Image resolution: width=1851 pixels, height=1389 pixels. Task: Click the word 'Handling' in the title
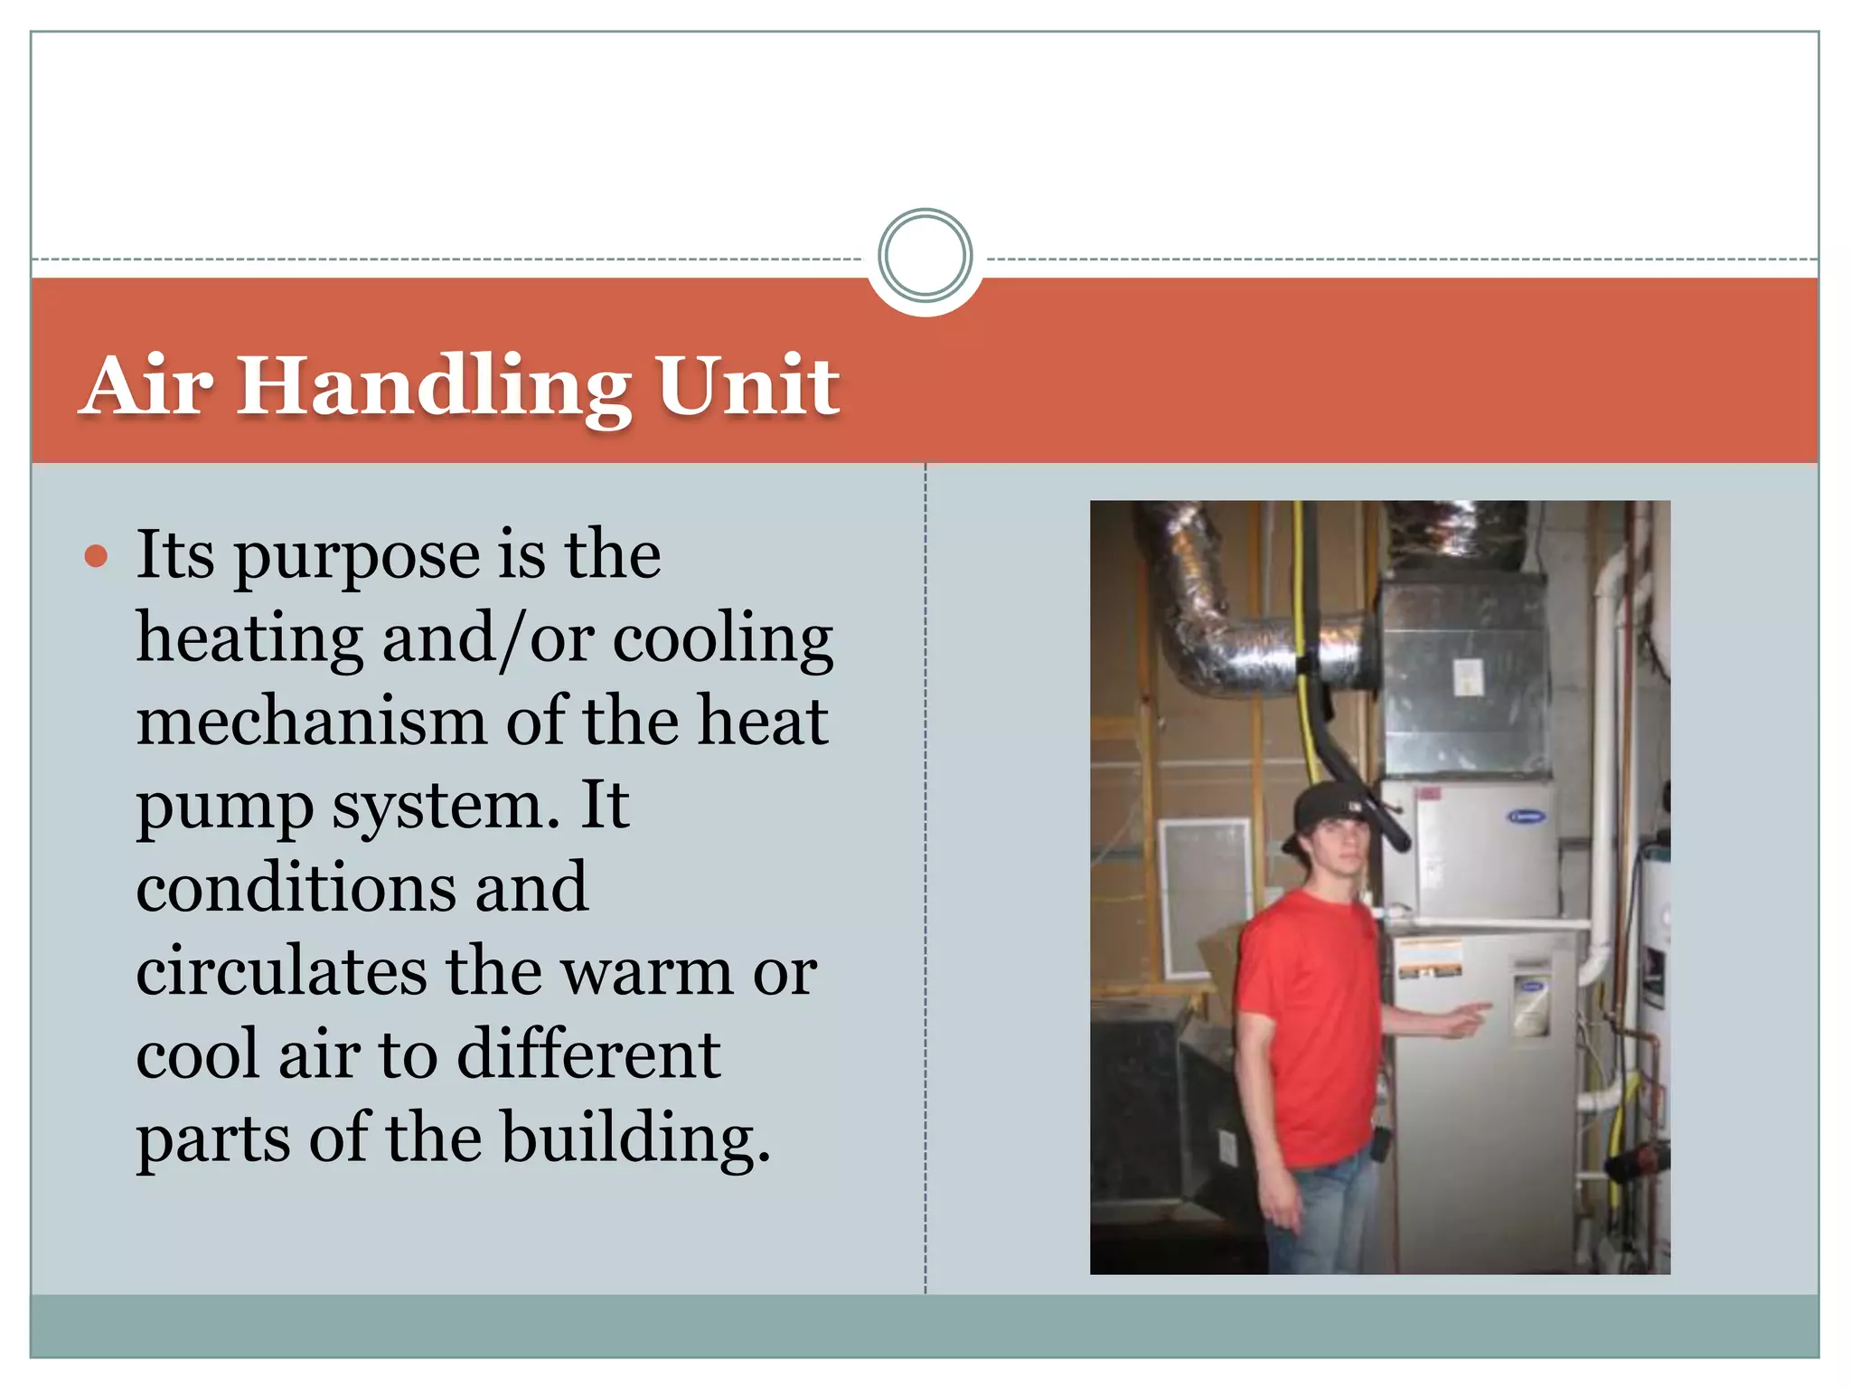coord(433,386)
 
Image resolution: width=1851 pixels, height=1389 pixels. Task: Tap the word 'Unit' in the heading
coord(747,386)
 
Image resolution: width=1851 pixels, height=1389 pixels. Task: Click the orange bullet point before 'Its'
coord(96,555)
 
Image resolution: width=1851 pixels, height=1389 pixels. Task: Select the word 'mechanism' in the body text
coord(311,722)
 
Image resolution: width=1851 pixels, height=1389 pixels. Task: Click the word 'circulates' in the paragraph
coord(281,971)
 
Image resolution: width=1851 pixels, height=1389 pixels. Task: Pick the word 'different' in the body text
coord(588,1054)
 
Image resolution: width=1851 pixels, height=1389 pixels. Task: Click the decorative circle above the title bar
coord(925,256)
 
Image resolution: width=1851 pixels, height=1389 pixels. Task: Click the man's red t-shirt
coord(1306,1022)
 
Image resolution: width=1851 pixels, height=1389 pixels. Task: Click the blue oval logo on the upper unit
coord(1527,817)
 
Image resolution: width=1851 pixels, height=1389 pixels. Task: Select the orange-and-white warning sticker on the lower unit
coord(1430,959)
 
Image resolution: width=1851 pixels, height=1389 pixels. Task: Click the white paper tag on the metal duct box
coord(1466,676)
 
